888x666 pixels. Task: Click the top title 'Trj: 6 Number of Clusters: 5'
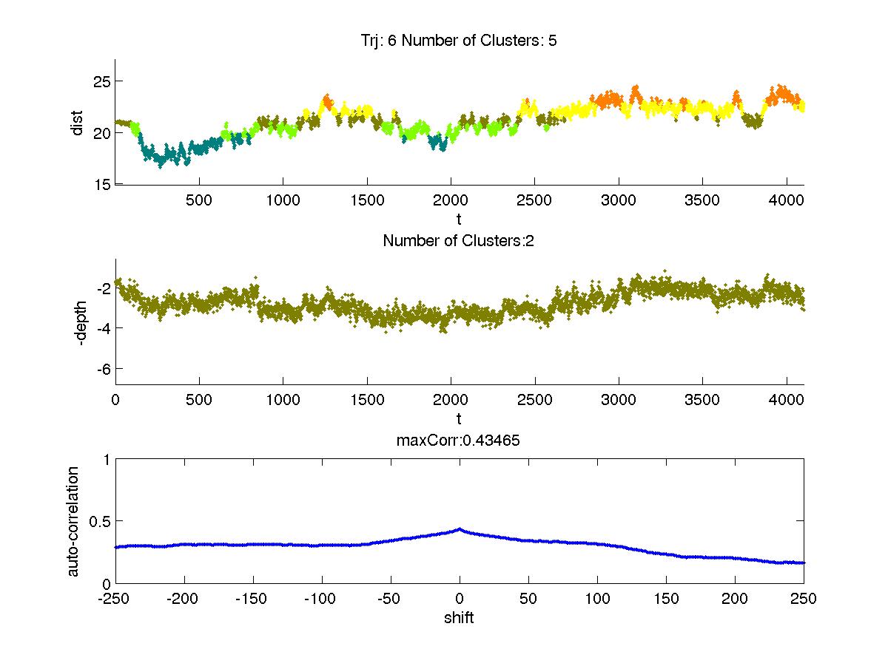(460, 41)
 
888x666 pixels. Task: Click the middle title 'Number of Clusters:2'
(459, 240)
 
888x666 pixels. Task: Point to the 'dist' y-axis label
(77, 122)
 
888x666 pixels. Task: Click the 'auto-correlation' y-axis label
(73, 521)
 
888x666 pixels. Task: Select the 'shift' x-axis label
(459, 617)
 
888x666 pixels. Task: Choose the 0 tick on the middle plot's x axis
(115, 400)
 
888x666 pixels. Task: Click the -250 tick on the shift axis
(115, 599)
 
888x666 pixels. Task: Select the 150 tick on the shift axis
(665, 599)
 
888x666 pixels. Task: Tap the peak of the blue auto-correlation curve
(460, 529)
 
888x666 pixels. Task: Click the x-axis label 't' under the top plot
(459, 220)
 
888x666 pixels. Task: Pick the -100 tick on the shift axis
(322, 599)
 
